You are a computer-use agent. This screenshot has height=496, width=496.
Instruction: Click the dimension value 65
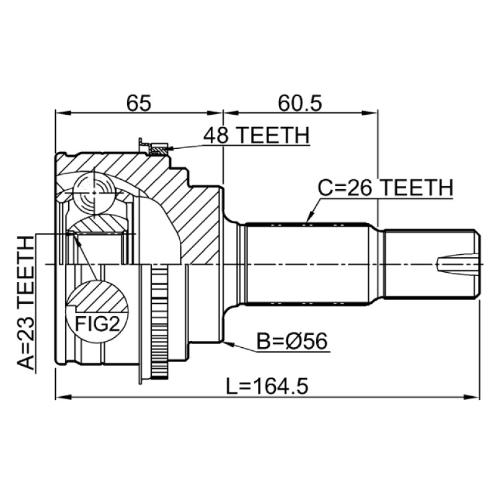pos(138,103)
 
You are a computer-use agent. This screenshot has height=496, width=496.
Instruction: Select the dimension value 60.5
pos(300,103)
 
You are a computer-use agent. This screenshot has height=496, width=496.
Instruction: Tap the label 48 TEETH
pos(256,135)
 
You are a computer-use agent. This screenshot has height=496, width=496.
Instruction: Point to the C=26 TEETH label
pos(385,188)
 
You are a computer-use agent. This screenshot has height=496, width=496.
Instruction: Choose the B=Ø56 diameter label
pos(291,342)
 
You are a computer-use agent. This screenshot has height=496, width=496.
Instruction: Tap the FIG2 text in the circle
pos(97,324)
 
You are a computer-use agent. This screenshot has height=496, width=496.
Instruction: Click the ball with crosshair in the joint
pos(94,192)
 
